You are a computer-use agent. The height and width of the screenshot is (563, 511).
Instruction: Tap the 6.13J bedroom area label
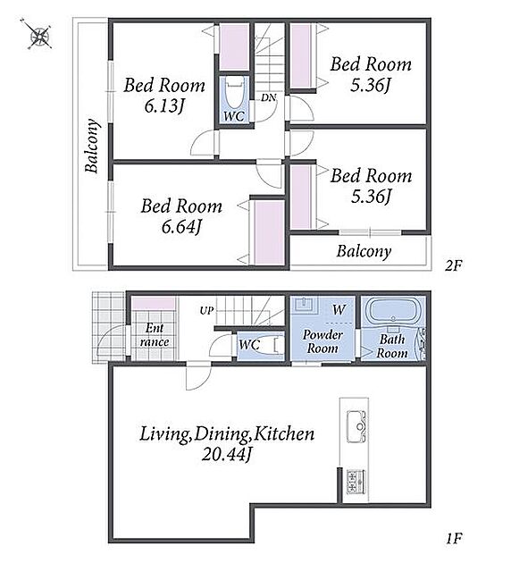[x=164, y=106]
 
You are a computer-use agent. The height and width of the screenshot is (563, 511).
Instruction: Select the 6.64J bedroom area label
[x=181, y=227]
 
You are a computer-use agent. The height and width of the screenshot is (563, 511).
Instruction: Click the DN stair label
[x=268, y=97]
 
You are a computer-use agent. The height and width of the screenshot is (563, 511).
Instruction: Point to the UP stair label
[x=206, y=311]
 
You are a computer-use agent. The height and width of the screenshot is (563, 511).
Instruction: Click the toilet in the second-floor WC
[x=235, y=93]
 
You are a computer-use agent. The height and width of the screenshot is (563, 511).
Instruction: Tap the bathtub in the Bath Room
[x=394, y=311]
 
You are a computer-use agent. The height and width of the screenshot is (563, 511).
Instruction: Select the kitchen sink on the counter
[x=356, y=427]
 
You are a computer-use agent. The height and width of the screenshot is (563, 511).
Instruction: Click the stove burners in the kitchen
[x=356, y=481]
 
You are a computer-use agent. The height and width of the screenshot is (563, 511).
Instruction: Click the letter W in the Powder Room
[x=339, y=309]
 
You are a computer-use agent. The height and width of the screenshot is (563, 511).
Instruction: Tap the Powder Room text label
[x=322, y=341]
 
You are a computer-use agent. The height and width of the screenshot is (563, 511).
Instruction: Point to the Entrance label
[x=155, y=334]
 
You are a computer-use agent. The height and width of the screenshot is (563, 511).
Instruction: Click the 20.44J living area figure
[x=226, y=455]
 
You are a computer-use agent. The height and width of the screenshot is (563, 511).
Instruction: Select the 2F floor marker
[x=453, y=265]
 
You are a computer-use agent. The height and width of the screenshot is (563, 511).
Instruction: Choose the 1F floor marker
[x=455, y=538]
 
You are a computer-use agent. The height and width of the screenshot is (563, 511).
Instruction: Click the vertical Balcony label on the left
[x=92, y=146]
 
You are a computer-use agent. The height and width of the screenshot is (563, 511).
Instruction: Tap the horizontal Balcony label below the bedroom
[x=364, y=251]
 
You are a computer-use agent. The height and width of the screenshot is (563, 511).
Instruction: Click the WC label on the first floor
[x=249, y=345]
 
